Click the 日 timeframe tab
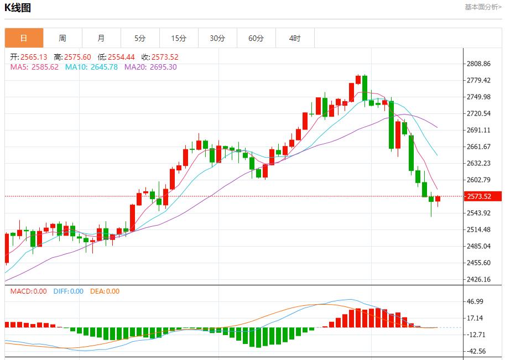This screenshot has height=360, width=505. (24, 38)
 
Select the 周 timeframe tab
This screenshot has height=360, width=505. (63, 38)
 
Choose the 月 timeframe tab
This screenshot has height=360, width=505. (101, 38)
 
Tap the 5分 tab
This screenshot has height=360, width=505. (140, 38)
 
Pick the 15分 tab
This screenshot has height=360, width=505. (179, 38)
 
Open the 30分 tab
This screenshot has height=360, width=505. (217, 38)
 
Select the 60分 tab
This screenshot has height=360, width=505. (256, 38)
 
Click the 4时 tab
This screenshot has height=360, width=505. (295, 38)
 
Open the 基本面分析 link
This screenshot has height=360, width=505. (483, 7)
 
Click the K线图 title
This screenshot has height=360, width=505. (18, 8)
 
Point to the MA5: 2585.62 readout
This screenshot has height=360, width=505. (34, 67)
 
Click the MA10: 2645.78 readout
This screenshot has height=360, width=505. (91, 67)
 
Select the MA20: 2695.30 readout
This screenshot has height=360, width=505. (150, 67)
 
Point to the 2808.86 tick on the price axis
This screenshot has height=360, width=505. (479, 64)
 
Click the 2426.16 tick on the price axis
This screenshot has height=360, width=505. (479, 280)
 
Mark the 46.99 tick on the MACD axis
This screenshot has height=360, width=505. (476, 301)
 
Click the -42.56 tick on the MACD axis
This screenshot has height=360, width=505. (476, 351)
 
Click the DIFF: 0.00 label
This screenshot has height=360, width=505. (69, 291)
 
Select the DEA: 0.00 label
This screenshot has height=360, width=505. (105, 291)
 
